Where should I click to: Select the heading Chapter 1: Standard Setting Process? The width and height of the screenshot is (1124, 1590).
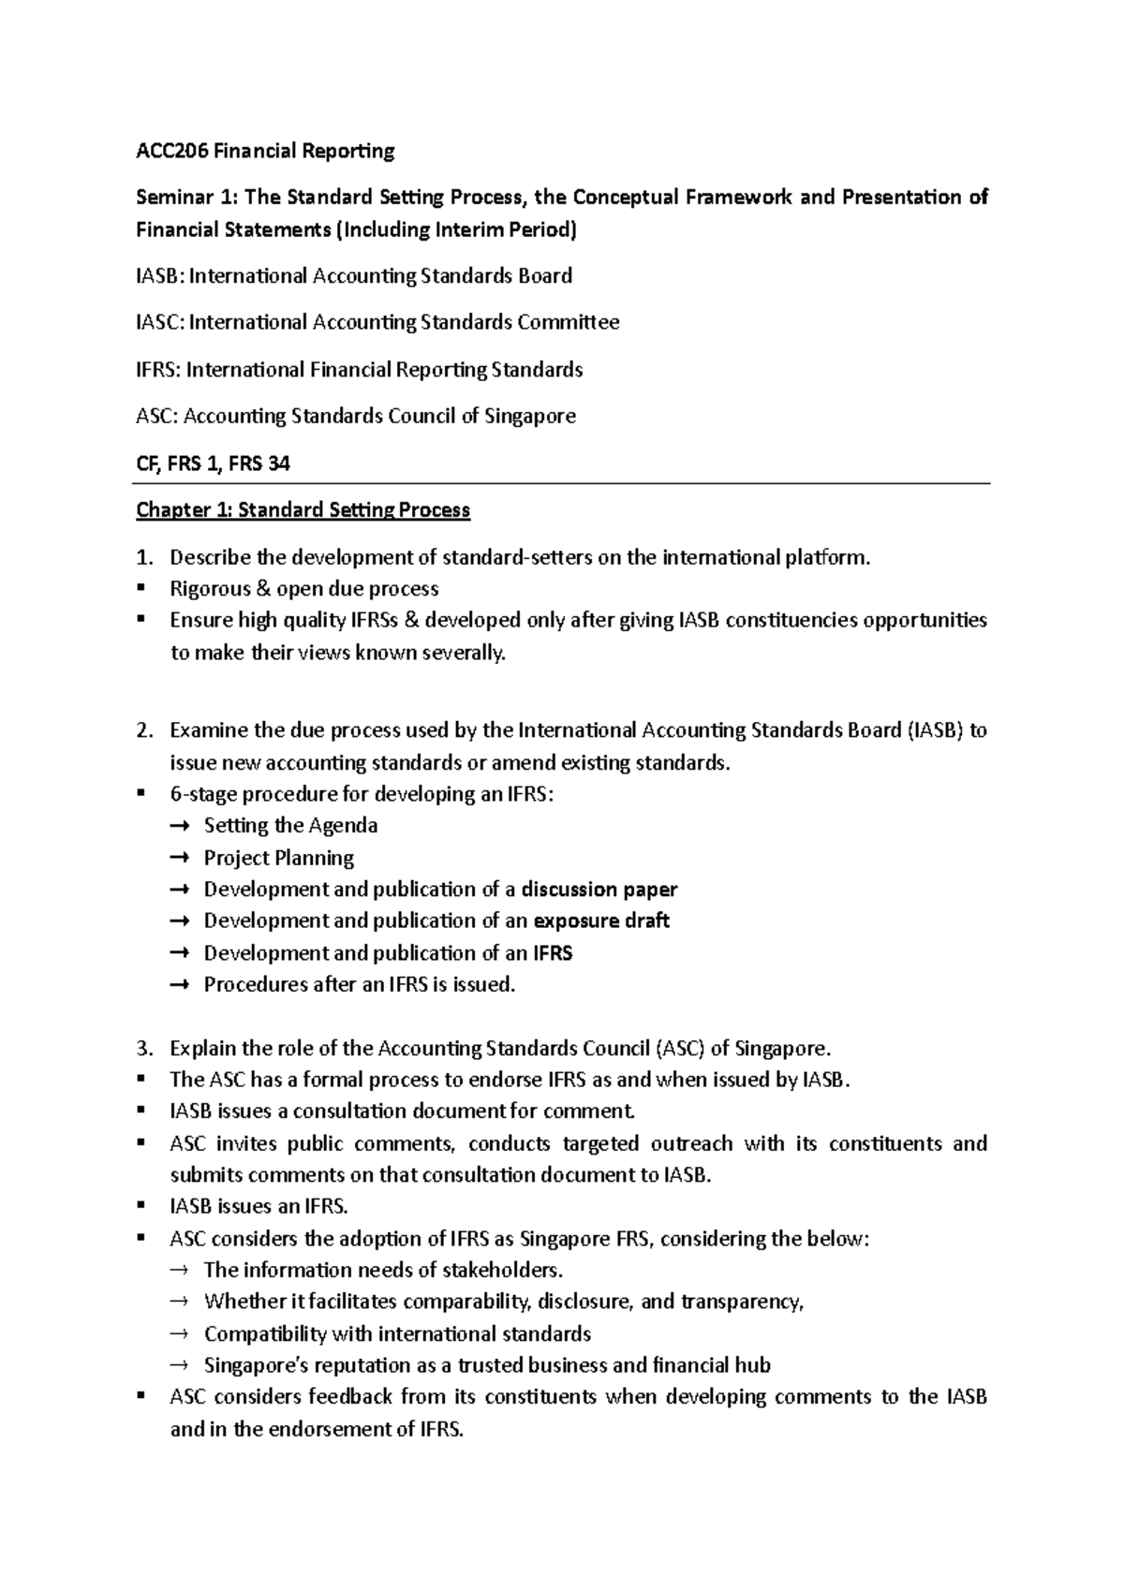pos(303,510)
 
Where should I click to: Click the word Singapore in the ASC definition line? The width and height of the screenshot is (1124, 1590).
pos(529,416)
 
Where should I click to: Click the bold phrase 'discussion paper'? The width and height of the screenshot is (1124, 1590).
pos(599,890)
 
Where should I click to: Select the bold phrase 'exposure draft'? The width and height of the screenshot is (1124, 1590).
pos(601,921)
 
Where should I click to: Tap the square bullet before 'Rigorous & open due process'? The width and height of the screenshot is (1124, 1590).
pos(141,589)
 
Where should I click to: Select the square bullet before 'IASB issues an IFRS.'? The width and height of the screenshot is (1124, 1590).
pos(141,1206)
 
